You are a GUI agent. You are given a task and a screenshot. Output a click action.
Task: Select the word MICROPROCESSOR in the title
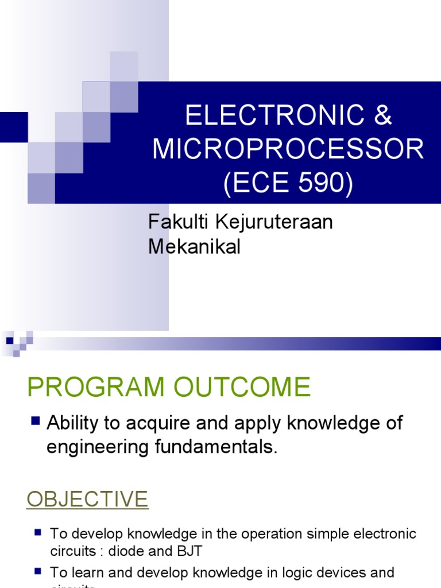coord(288,149)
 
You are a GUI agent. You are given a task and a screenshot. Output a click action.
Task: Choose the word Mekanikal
coord(194,247)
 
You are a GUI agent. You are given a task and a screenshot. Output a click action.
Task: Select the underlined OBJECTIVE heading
coord(87,499)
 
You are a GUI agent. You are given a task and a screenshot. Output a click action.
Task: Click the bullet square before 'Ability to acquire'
coord(36,421)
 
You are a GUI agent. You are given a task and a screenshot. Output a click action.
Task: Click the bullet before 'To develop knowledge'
coord(38,533)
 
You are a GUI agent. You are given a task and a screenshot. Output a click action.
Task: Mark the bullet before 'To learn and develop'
coord(38,571)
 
